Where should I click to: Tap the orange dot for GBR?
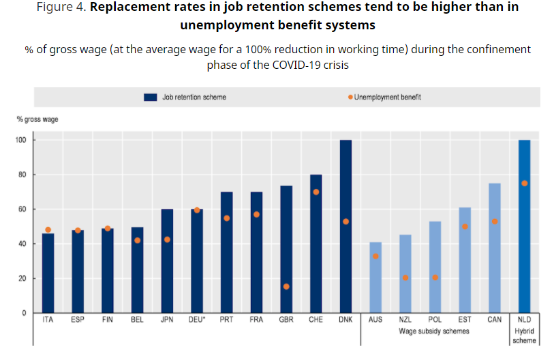pos(286,286)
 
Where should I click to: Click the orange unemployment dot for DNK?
pos(346,222)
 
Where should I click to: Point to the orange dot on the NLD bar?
pos(524,183)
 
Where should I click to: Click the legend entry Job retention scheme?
pos(186,97)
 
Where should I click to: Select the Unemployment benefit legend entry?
pos(385,97)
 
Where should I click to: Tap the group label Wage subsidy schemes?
pos(435,331)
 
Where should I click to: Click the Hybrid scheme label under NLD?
pos(524,335)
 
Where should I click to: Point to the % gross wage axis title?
pos(37,119)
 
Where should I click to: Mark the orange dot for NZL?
pos(405,278)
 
